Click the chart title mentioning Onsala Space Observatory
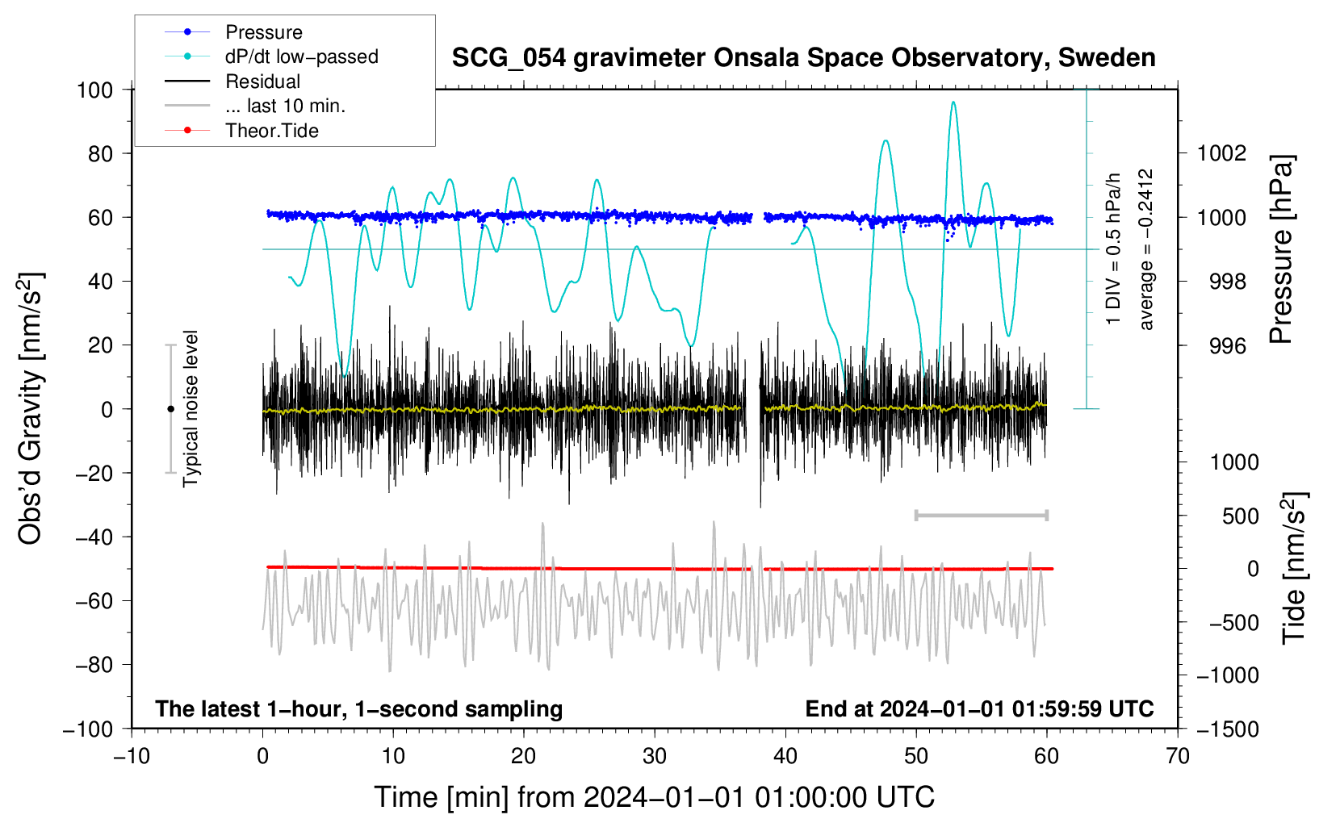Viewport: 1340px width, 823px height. (803, 58)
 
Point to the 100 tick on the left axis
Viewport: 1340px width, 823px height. (95, 90)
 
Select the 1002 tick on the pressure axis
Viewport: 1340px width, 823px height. (1221, 154)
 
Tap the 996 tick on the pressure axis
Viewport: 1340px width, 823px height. (1228, 345)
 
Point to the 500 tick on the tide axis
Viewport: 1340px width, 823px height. (1240, 516)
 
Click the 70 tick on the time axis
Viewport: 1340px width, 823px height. (1177, 756)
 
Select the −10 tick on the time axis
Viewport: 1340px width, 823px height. (132, 756)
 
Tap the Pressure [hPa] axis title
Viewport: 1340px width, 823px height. (1281, 249)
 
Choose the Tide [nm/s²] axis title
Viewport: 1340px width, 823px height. (1295, 568)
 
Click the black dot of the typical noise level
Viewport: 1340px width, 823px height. (170, 409)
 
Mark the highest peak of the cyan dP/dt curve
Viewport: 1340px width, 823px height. (953, 102)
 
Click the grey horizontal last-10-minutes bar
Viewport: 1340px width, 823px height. (982, 515)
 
